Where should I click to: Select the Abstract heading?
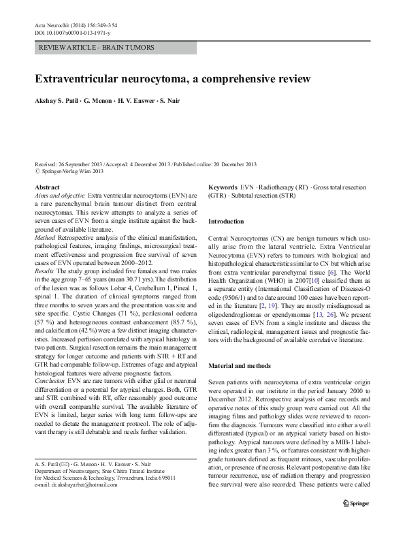[46, 187]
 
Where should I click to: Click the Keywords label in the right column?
[223, 187]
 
